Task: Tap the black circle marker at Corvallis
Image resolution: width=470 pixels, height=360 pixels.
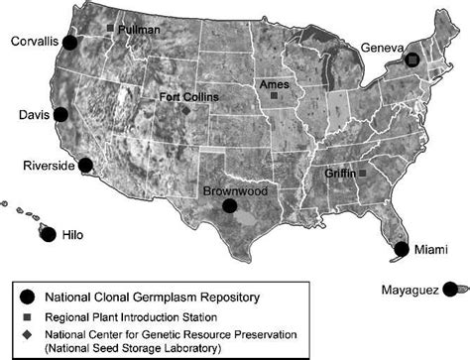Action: coord(70,43)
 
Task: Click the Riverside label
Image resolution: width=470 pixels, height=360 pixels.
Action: coord(47,166)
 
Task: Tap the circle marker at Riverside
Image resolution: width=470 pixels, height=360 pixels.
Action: coord(86,165)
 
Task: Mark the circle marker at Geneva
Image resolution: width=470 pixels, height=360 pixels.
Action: coord(411,60)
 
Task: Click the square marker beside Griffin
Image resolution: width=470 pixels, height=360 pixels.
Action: coord(362,174)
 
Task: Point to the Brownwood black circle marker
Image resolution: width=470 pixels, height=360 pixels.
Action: coord(230,205)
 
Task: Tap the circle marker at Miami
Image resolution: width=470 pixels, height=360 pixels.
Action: coord(401,249)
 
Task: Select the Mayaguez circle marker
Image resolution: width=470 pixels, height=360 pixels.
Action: coord(449,289)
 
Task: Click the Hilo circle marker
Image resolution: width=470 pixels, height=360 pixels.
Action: coord(47,233)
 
